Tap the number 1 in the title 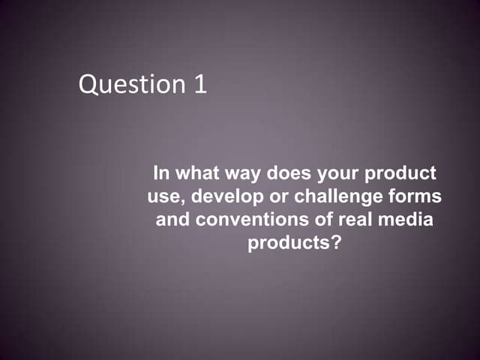(199, 83)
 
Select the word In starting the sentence (160, 174)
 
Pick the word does (286, 174)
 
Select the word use (160, 198)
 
